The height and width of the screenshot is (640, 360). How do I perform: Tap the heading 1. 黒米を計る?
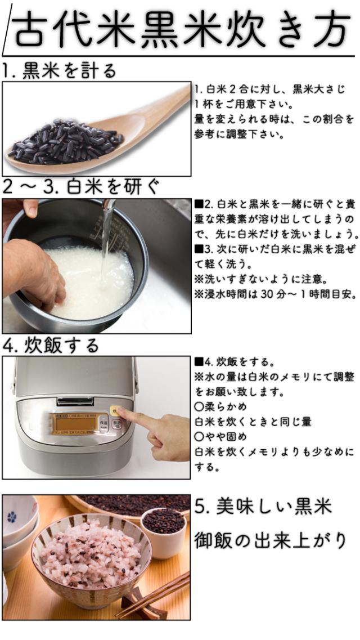58,71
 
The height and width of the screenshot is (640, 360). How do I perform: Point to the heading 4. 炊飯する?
51,346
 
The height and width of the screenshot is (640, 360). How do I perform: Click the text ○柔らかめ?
220,407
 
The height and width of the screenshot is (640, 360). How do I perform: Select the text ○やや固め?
220,437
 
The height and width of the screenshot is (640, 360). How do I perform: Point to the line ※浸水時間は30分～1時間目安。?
275,294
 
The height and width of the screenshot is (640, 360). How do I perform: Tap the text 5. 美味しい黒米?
263,508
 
